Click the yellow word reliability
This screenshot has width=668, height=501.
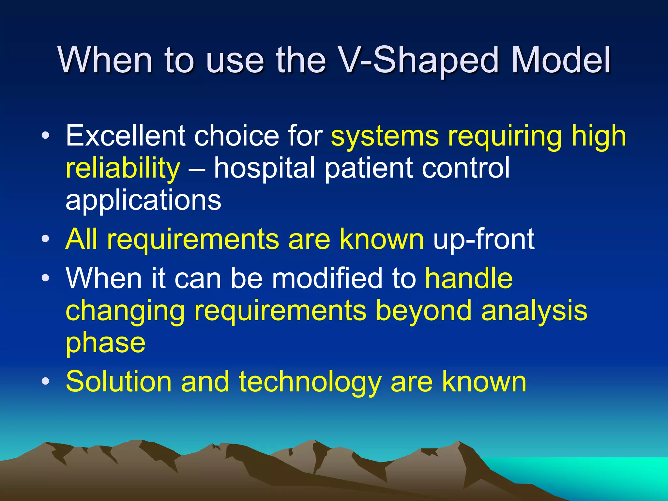(123, 168)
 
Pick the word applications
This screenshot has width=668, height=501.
(144, 201)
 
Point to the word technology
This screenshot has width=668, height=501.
(310, 382)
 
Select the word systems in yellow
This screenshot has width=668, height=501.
(385, 136)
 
